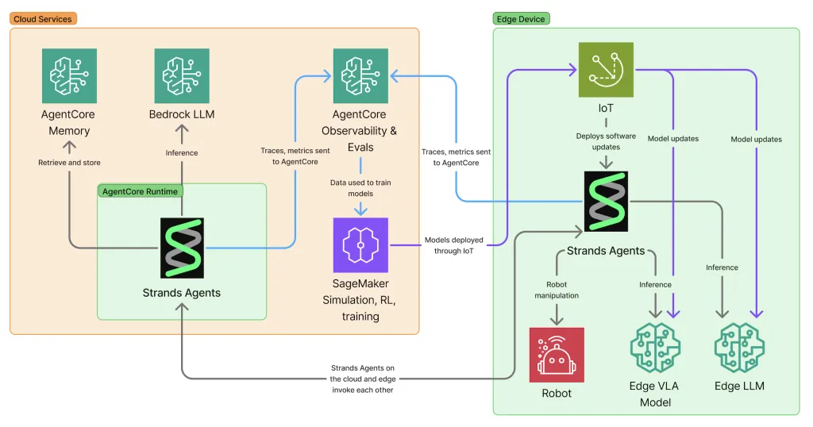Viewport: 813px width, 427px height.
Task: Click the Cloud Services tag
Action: [43, 18]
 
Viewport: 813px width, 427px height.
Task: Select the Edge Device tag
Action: [521, 18]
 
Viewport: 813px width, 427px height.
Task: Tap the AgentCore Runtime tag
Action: [141, 190]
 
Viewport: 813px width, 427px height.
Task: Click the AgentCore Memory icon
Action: [69, 76]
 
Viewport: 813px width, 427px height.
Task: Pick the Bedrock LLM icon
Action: [182, 76]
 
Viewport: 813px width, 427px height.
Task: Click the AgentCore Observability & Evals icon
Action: [360, 76]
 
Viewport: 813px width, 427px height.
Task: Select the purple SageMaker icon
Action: [360, 245]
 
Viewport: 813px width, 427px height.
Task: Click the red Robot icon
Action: [557, 355]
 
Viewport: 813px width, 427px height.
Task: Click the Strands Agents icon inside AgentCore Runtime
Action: [182, 248]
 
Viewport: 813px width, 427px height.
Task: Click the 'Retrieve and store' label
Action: [69, 163]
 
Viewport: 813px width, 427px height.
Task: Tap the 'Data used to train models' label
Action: [360, 187]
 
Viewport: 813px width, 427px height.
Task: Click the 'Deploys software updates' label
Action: [606, 140]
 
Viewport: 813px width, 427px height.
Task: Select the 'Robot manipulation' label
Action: [557, 289]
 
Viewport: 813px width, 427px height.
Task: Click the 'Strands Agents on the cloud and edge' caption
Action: [363, 373]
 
